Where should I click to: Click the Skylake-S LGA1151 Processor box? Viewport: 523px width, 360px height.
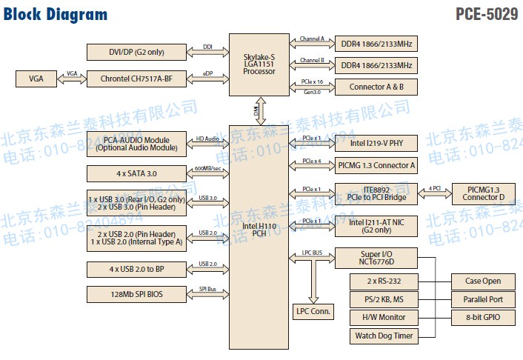tap(259, 64)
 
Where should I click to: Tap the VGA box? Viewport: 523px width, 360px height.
tap(36, 79)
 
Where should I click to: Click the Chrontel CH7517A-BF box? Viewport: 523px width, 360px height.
tap(136, 79)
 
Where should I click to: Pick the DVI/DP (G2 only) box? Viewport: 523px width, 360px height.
tap(136, 52)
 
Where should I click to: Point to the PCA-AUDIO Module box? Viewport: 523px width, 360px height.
tap(136, 143)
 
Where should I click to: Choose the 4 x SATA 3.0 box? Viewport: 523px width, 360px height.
tap(136, 174)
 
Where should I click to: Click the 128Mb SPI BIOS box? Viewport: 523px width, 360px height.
tap(136, 294)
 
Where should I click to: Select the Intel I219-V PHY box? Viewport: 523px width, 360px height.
tap(376, 143)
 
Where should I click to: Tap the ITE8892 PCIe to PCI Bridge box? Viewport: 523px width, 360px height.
tap(376, 194)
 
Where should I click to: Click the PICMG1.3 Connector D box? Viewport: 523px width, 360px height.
tap(483, 194)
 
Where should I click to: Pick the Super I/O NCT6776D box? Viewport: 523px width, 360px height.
tap(376, 258)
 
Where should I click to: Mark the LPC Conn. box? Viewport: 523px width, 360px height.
tap(313, 311)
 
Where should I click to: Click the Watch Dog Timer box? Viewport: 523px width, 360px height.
tap(383, 336)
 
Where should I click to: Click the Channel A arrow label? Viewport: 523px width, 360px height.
tap(312, 39)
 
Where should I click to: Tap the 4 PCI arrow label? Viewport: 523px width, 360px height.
tap(434, 189)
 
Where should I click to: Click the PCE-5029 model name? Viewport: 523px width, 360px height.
tap(487, 15)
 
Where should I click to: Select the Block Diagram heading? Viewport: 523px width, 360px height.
tap(56, 15)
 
